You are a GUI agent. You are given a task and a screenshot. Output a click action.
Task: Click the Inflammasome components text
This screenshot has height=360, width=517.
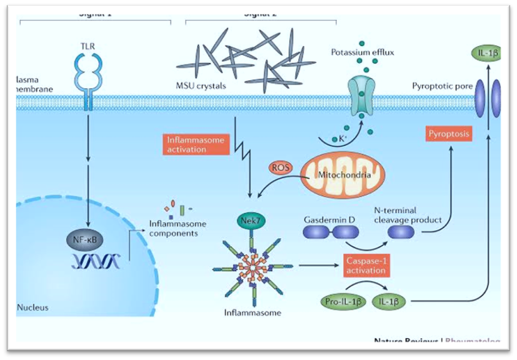pyautogui.click(x=174, y=229)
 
